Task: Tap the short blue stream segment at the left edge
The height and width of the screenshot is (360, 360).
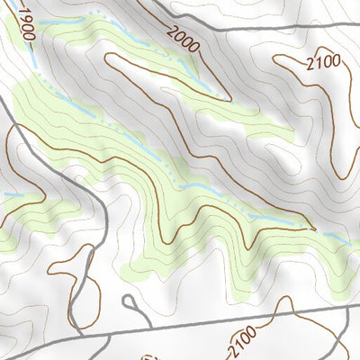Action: (x=11, y=194)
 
